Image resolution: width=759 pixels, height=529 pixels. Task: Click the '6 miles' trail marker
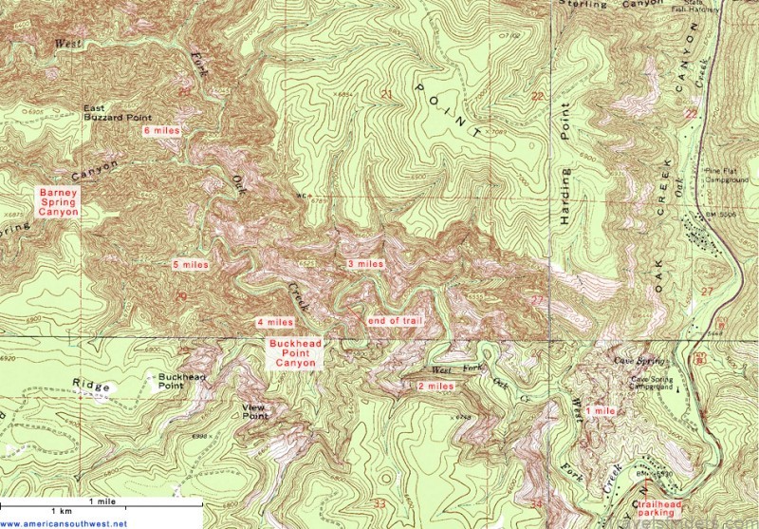pyautogui.click(x=161, y=130)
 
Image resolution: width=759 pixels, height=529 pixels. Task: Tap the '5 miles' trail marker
pyautogui.click(x=190, y=264)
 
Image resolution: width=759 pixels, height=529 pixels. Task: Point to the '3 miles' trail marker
pyautogui.click(x=365, y=263)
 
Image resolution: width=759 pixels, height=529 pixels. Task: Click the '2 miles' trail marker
pyautogui.click(x=435, y=387)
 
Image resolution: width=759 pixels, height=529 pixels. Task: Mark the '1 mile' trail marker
pyautogui.click(x=602, y=410)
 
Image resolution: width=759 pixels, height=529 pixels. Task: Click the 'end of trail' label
pyautogui.click(x=395, y=321)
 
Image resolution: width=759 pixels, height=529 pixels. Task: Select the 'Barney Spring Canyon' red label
pyautogui.click(x=57, y=201)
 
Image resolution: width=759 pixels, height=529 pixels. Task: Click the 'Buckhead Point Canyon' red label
pyautogui.click(x=295, y=353)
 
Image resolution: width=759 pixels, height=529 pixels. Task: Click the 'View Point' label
pyautogui.click(x=255, y=411)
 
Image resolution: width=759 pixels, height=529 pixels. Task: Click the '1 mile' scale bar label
pyautogui.click(x=102, y=501)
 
